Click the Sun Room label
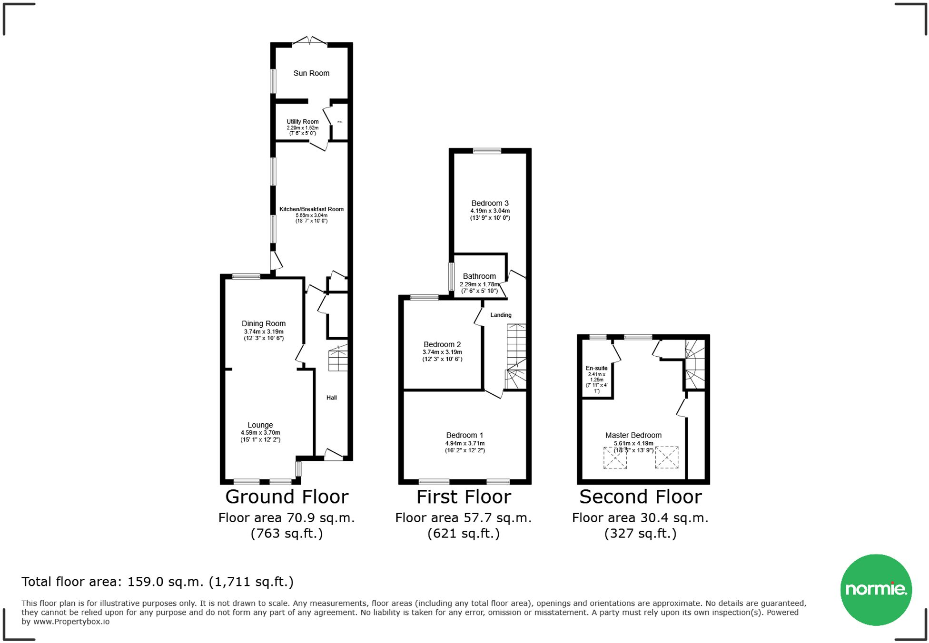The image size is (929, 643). [311, 73]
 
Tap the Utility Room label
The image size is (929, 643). [302, 122]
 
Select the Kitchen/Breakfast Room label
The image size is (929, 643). [311, 209]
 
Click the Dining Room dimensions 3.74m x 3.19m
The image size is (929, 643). [264, 332]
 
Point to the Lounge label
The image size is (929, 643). [260, 425]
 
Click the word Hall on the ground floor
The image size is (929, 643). [332, 398]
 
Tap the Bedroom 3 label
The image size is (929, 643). [490, 203]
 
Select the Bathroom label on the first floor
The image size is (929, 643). [479, 276]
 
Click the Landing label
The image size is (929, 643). [501, 315]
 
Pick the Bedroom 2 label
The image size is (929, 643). [442, 344]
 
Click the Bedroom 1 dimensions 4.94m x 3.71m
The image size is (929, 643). [465, 443]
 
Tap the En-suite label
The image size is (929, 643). [596, 368]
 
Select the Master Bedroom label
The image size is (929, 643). [633, 435]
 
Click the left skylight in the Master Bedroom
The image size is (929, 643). [615, 458]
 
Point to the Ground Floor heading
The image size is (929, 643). [287, 497]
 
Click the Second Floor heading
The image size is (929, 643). [640, 497]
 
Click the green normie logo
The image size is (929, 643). [876, 589]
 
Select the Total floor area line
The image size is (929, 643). [158, 582]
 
